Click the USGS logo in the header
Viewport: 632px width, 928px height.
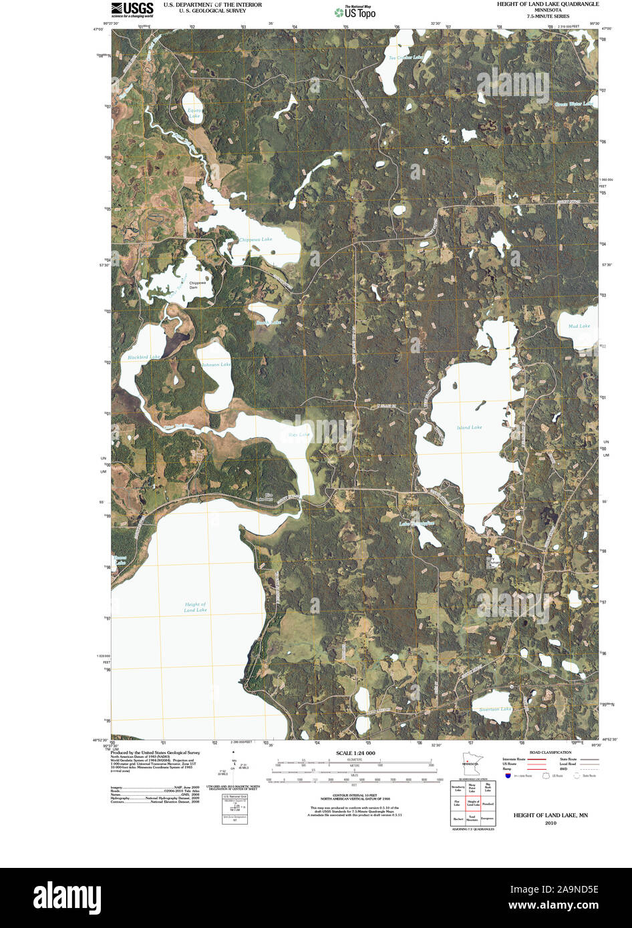[x=132, y=9]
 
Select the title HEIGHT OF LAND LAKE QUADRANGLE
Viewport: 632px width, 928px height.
[x=547, y=4]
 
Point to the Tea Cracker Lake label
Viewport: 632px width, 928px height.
[x=406, y=57]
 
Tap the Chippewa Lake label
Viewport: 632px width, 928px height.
[x=256, y=239]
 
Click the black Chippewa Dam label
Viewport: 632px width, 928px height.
[x=198, y=284]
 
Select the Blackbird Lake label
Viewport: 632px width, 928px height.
[x=144, y=357]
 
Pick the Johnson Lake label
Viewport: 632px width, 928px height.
[x=216, y=365]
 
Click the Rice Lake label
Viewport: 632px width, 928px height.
[x=299, y=435]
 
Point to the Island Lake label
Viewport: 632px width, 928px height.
[x=469, y=427]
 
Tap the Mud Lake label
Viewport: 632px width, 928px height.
[x=579, y=326]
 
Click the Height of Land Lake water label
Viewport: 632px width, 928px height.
[x=195, y=607]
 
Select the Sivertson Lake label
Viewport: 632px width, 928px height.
[x=495, y=709]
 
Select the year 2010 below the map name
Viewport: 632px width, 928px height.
[x=550, y=823]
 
